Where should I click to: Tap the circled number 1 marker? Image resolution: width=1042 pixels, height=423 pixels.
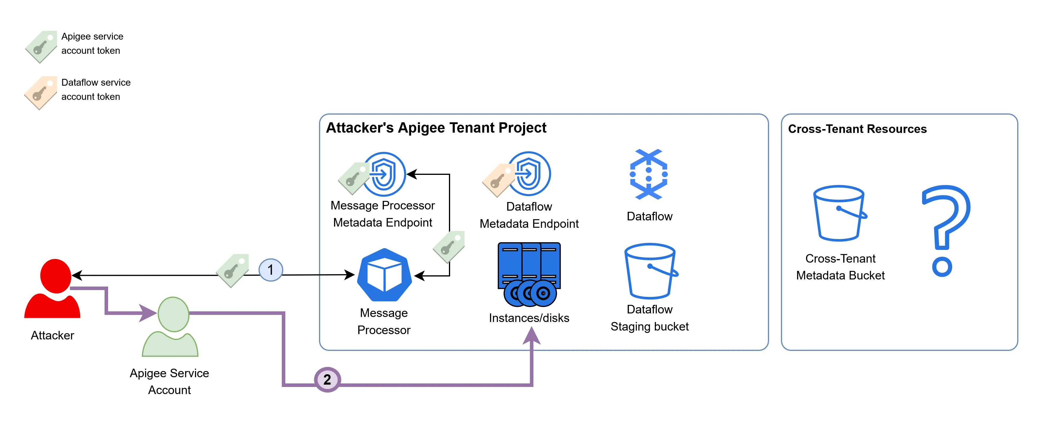[271, 270]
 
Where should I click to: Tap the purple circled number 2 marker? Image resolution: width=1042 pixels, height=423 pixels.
[327, 379]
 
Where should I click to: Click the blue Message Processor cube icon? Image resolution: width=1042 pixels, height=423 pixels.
[384, 275]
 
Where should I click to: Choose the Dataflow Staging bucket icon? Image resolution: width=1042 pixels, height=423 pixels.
[650, 271]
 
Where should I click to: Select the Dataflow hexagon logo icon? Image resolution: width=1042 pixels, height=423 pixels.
[648, 174]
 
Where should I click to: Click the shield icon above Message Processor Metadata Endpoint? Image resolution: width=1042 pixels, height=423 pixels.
[384, 174]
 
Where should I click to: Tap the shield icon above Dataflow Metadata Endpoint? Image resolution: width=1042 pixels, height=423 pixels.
[529, 174]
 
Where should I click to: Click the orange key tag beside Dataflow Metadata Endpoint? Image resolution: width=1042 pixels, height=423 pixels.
[498, 180]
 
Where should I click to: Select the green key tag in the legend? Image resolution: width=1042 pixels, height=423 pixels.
[41, 46]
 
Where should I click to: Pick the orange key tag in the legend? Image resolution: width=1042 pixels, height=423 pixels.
[40, 93]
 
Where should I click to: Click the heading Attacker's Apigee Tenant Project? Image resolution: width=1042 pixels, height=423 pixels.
[436, 128]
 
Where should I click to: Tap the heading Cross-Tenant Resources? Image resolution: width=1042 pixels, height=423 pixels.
[857, 129]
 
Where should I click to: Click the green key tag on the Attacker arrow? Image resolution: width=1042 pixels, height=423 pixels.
[233, 270]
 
